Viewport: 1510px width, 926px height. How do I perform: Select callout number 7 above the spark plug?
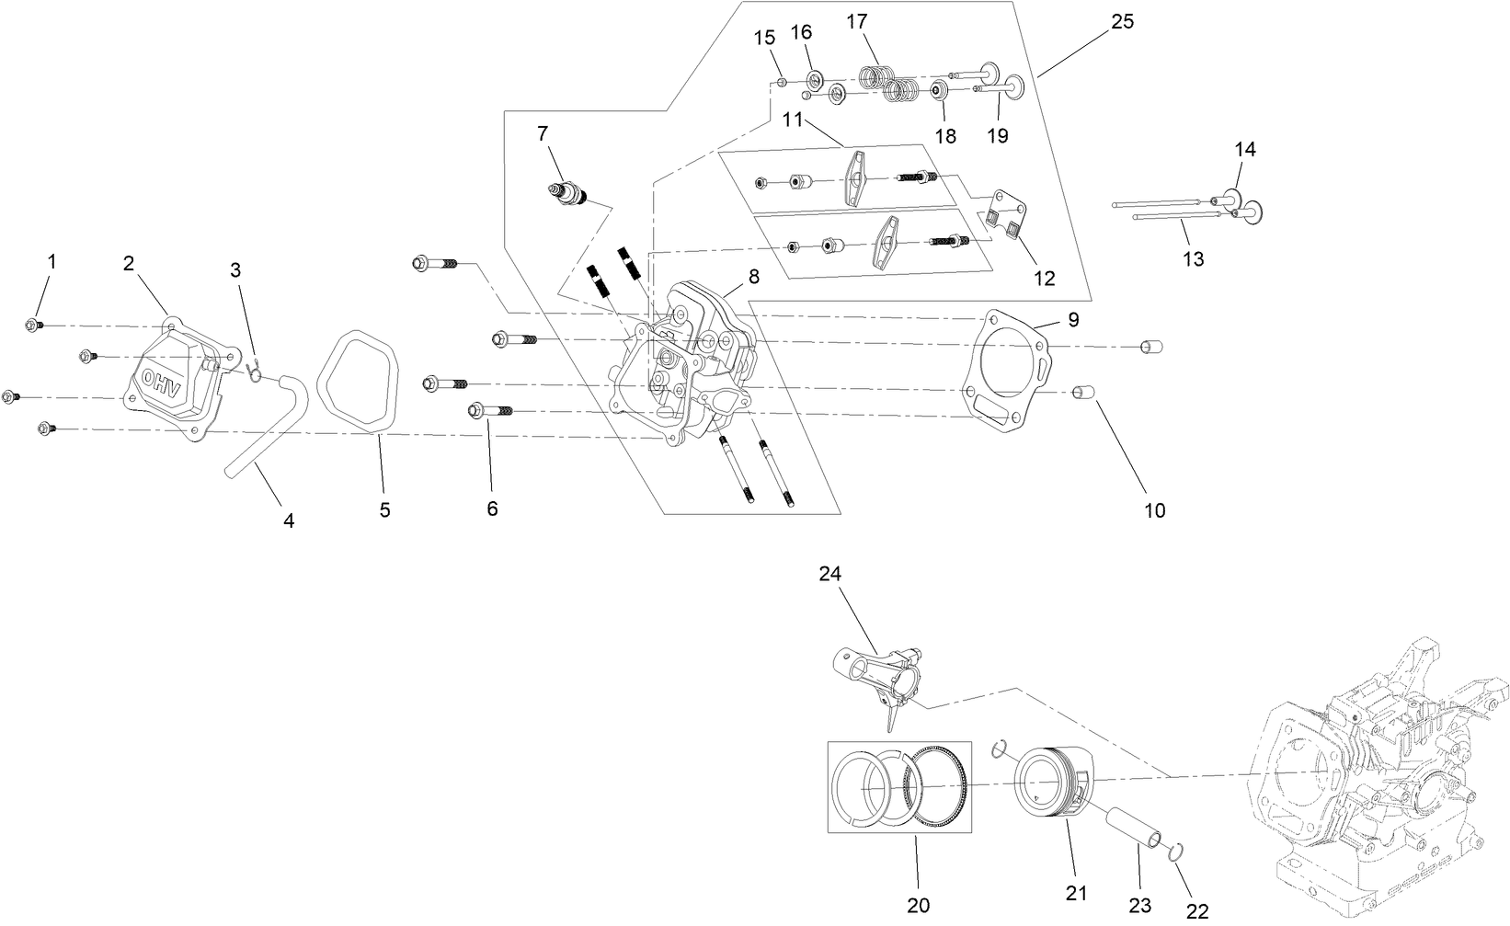coord(543,134)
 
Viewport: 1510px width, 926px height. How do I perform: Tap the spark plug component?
coord(567,195)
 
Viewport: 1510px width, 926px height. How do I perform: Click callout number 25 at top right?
coord(1122,22)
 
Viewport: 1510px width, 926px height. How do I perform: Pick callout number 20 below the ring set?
coord(918,905)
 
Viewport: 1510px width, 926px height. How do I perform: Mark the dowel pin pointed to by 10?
coord(1084,394)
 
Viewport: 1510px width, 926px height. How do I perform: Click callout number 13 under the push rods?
coord(1193,259)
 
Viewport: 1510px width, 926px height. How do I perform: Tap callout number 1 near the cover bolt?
coord(51,262)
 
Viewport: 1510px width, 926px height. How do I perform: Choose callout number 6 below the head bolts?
coord(492,509)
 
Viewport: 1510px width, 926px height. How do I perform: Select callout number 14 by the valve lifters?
coord(1245,149)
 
